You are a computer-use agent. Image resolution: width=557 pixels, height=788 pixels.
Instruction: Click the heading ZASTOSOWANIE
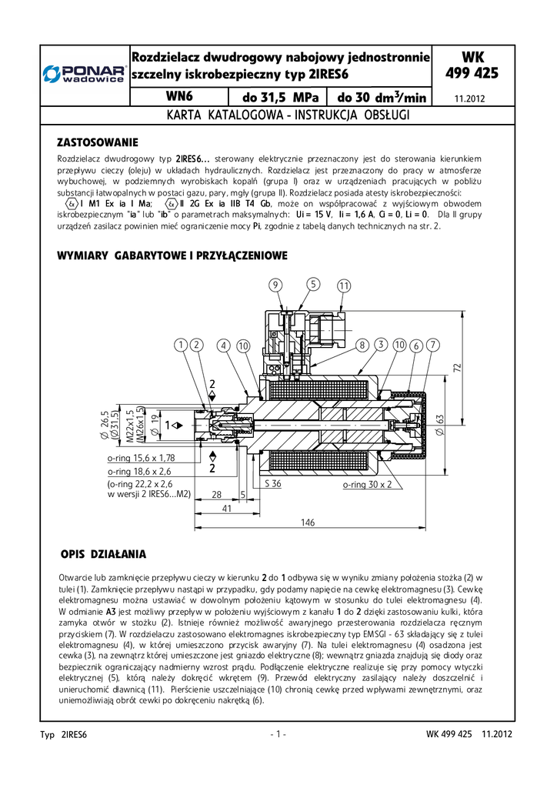(x=98, y=142)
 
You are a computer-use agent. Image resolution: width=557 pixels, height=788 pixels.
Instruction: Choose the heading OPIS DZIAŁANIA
(x=102, y=554)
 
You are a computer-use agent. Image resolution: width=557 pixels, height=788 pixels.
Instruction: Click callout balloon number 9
(x=275, y=285)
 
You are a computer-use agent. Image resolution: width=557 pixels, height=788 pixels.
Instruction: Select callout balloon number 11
(x=343, y=285)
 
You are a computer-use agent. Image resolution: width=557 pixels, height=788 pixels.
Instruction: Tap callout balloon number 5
(x=312, y=285)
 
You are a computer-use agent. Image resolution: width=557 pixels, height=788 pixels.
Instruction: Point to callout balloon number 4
(x=224, y=346)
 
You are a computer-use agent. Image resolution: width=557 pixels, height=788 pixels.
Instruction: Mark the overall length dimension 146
(x=308, y=523)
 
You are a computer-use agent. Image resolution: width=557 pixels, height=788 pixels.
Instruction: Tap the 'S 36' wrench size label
(x=273, y=485)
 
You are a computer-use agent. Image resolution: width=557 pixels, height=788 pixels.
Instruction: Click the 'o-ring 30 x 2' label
(x=367, y=485)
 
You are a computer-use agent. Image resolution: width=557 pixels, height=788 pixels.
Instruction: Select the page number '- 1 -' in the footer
(x=278, y=734)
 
